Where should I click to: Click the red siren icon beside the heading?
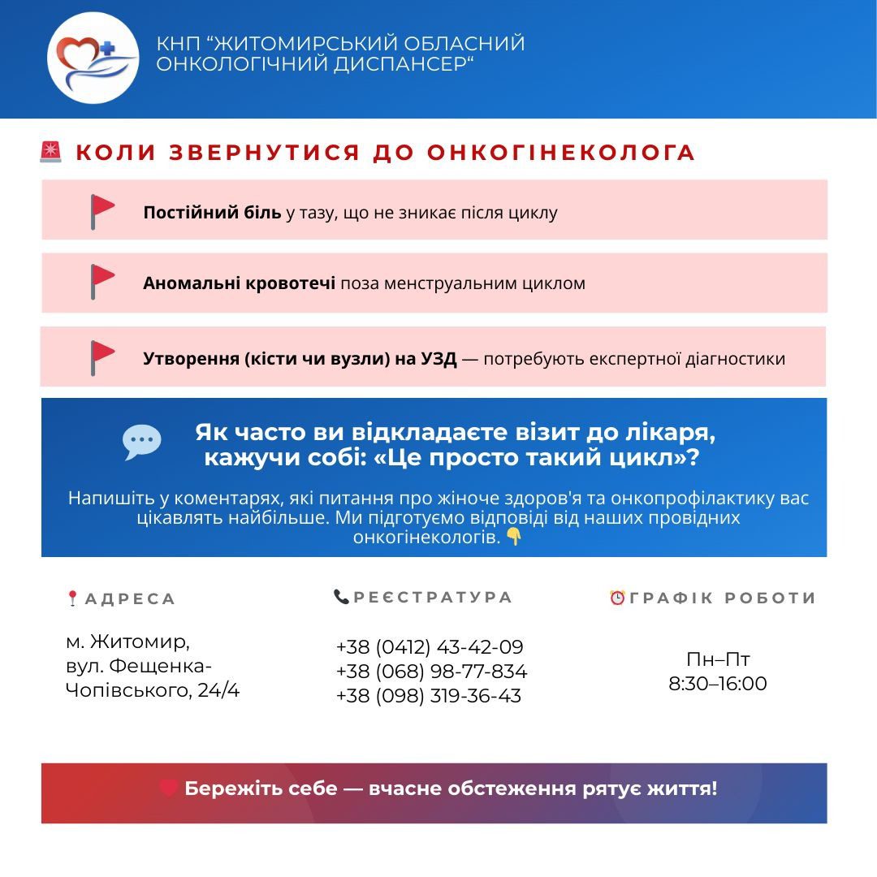[51, 152]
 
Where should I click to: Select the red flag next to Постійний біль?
[102, 210]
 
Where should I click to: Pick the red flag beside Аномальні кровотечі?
[102, 281]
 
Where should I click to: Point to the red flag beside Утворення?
[102, 356]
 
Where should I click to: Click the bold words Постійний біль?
[212, 213]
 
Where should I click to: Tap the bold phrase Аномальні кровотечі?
[239, 283]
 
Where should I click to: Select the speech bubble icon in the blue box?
[142, 442]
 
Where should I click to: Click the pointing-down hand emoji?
[513, 537]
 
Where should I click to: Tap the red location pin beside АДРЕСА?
[72, 598]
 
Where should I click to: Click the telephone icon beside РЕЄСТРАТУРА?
[341, 597]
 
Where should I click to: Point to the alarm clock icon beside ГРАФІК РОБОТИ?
[618, 598]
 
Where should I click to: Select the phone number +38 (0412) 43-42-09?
[430, 647]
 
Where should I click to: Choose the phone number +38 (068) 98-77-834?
[431, 672]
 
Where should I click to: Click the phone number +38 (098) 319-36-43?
[428, 696]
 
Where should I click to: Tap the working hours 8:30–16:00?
[717, 684]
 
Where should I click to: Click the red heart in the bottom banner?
[169, 788]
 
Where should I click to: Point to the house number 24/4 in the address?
[218, 691]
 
